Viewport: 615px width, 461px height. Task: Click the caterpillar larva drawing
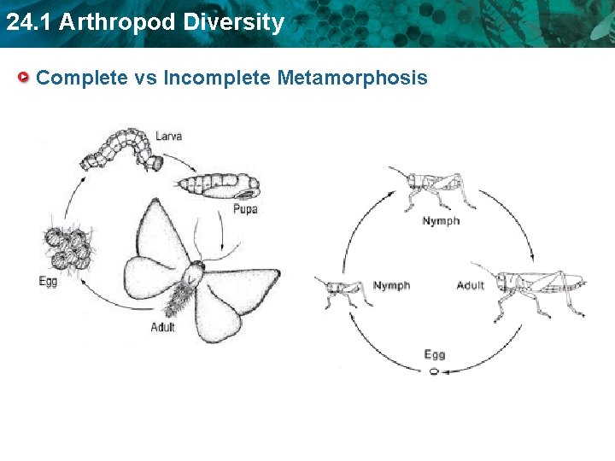[120, 149]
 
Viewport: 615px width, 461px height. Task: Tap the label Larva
[168, 136]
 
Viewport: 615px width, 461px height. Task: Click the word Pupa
[245, 208]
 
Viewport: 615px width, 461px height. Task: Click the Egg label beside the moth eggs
[49, 281]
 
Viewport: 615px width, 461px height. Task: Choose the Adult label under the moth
[163, 327]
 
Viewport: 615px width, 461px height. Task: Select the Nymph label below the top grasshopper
[441, 221]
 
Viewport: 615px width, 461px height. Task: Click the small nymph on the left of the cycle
[343, 290]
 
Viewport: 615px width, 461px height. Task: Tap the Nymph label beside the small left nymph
[391, 285]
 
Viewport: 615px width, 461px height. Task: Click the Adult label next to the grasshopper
[471, 285]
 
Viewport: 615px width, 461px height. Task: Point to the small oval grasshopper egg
[433, 372]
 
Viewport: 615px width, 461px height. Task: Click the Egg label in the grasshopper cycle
[434, 355]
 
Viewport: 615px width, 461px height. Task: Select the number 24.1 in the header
[28, 22]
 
